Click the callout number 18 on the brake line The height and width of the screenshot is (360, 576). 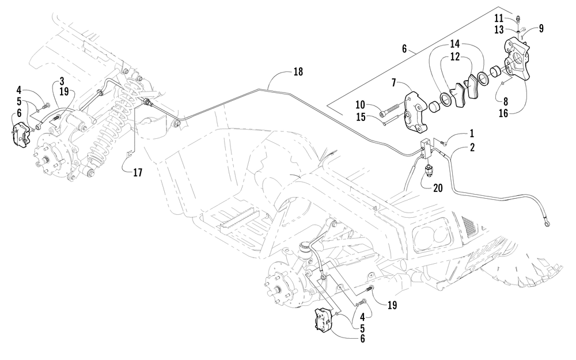(298, 71)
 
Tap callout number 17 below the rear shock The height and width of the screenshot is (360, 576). (138, 172)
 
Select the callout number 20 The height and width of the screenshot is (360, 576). (438, 188)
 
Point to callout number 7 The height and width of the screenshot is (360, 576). (394, 83)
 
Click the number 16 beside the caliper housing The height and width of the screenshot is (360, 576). (503, 113)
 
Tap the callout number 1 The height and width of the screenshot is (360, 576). (471, 134)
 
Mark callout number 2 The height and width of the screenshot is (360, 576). (472, 147)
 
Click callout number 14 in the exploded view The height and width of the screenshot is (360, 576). (455, 44)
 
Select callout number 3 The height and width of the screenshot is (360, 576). (62, 81)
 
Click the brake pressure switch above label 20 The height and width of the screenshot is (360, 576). (429, 172)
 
